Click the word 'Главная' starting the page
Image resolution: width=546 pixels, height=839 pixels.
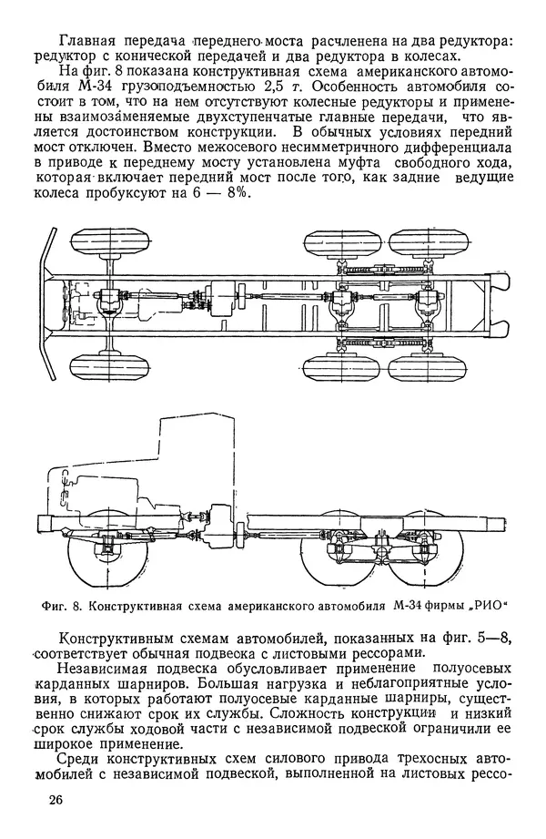point(88,40)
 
